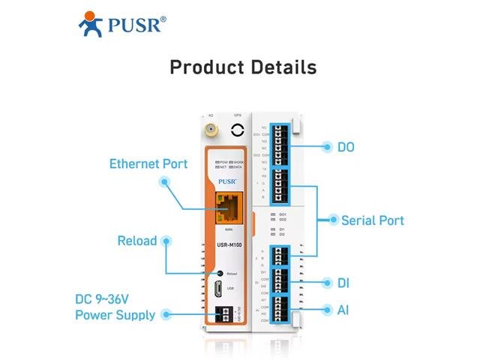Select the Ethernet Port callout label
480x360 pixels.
pos(148,163)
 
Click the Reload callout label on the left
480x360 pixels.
pos(137,241)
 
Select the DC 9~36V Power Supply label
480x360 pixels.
pos(115,306)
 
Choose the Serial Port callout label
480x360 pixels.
pos(372,220)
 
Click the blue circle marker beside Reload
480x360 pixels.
pos(166,241)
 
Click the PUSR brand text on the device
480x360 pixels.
pos(227,179)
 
